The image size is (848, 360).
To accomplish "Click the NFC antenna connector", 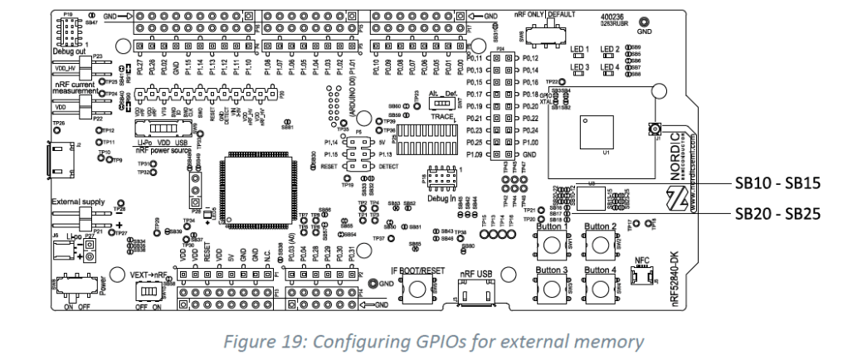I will pos(640,280).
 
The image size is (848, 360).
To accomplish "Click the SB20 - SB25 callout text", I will pos(777,212).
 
